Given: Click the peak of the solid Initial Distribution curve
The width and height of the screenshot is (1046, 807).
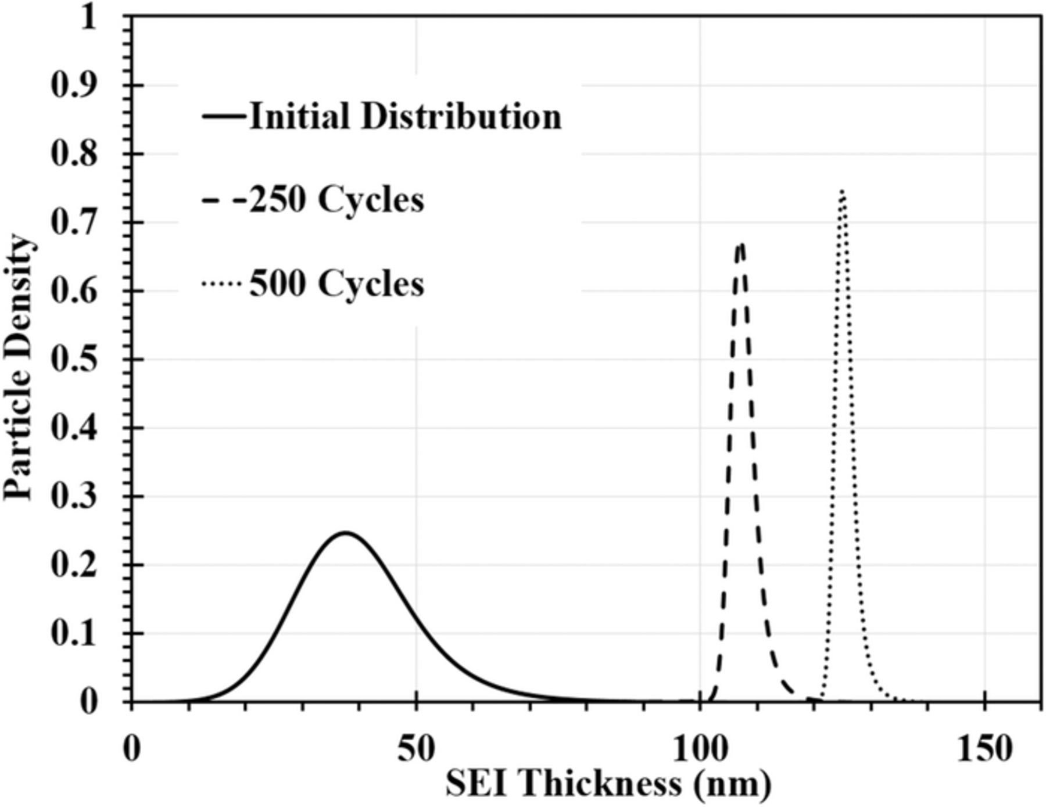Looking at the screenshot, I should pos(345,532).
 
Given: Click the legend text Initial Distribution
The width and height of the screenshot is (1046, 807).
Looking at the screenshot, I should pos(406,116).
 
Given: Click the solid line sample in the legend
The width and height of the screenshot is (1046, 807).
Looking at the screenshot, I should pos(224,116).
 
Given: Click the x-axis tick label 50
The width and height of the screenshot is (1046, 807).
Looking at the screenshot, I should pos(416,749).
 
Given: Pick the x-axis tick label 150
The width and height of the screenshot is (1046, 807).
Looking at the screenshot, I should pos(984,749).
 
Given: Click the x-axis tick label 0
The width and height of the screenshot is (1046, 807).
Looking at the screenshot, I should pos(132,749).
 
